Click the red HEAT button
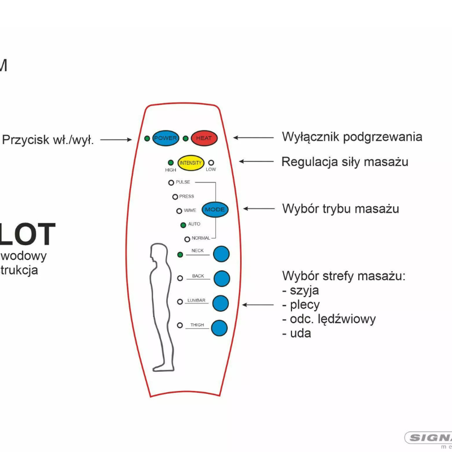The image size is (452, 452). click(x=203, y=138)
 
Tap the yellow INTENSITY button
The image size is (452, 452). click(x=190, y=163)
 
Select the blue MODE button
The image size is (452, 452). click(x=215, y=210)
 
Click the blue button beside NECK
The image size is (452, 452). click(x=220, y=254)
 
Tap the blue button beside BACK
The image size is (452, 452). click(x=221, y=278)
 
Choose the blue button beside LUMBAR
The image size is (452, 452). click(x=220, y=303)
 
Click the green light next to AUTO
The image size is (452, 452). click(x=183, y=225)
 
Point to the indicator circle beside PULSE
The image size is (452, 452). click(x=171, y=182)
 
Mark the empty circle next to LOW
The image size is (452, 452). click(x=211, y=162)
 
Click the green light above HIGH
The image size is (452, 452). click(x=171, y=163)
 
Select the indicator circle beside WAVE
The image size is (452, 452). click(x=179, y=211)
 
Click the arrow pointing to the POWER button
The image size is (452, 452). click(x=116, y=140)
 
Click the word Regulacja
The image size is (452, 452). click(x=309, y=162)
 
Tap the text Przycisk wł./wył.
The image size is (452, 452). click(x=48, y=140)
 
